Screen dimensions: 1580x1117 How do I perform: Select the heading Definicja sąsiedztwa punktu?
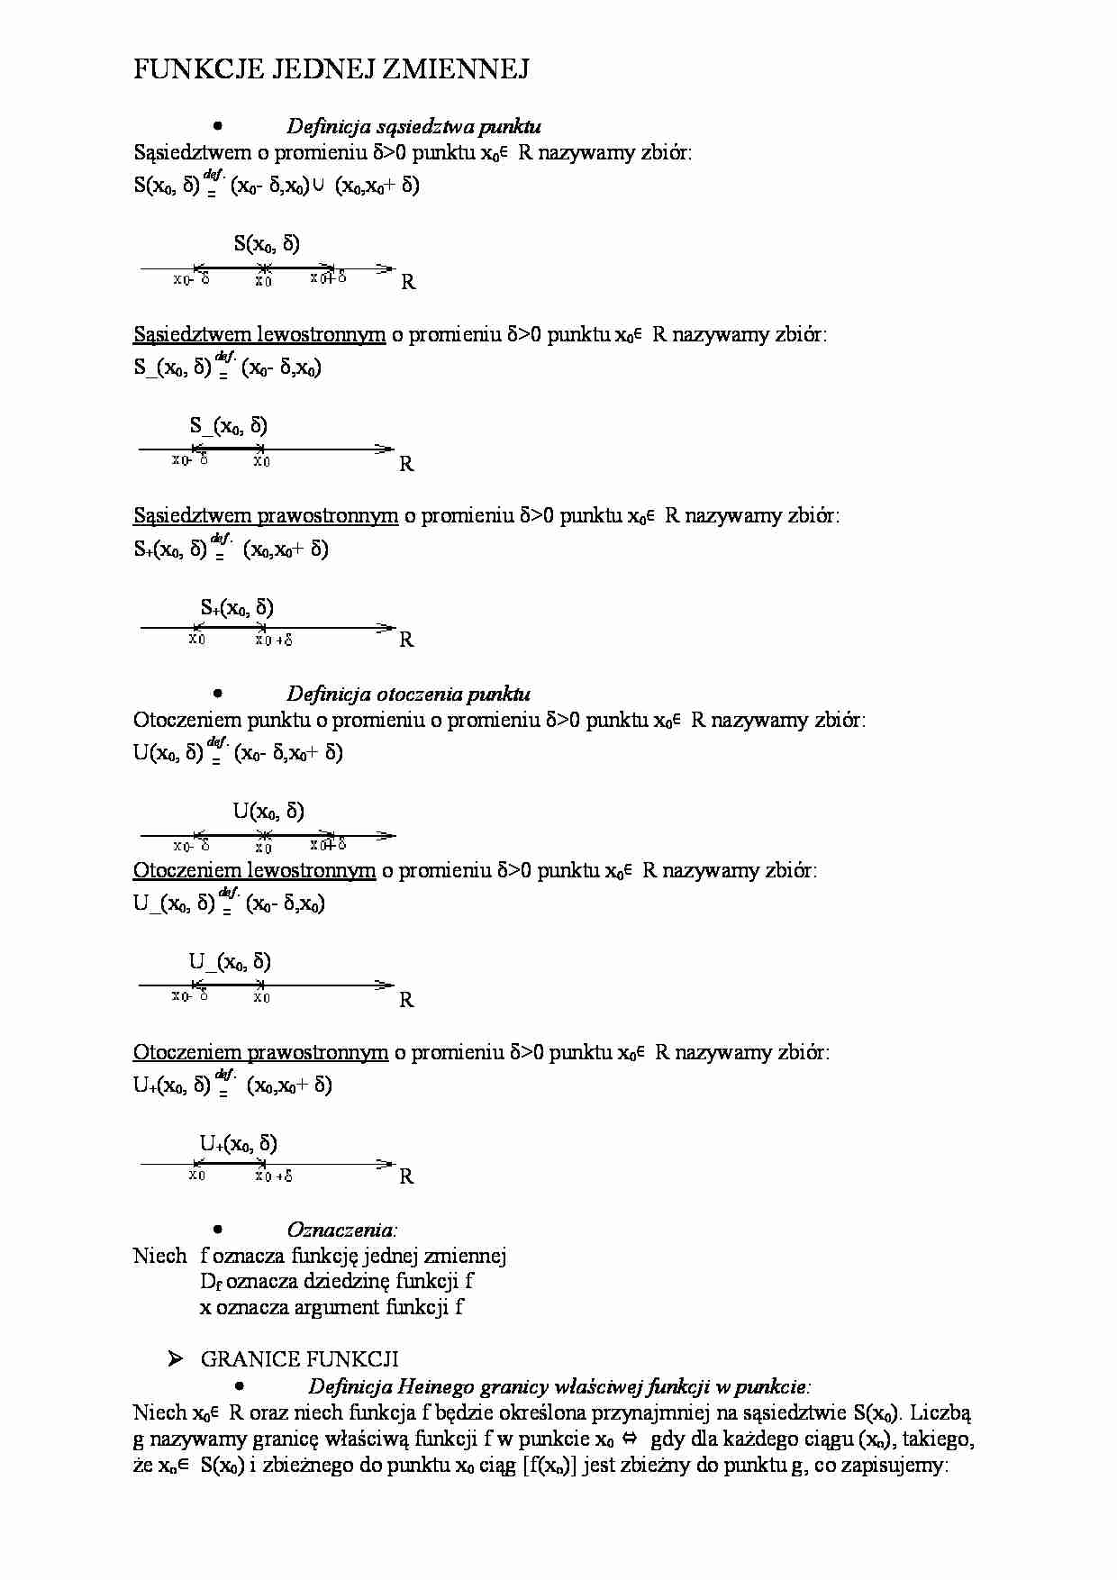pyautogui.click(x=413, y=126)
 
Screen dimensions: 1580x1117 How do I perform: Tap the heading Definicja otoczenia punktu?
pyautogui.click(x=408, y=694)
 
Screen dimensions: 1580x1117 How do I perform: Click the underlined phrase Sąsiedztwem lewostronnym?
pyautogui.click(x=259, y=335)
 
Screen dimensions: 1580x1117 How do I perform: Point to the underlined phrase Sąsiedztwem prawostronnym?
pyautogui.click(x=266, y=516)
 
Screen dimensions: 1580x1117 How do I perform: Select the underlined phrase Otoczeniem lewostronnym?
pyautogui.click(x=254, y=871)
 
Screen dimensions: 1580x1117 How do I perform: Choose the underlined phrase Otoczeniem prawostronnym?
pyautogui.click(x=260, y=1052)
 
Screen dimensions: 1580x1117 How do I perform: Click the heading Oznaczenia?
pyautogui.click(x=341, y=1230)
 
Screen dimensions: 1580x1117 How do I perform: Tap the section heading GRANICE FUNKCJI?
pyautogui.click(x=299, y=1359)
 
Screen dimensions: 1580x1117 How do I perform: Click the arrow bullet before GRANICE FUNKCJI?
pyautogui.click(x=177, y=1359)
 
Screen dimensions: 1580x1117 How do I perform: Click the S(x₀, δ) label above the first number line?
pyautogui.click(x=267, y=243)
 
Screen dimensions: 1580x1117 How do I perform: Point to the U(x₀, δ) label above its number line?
pyautogui.click(x=268, y=811)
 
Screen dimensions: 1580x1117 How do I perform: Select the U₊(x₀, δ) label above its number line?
pyautogui.click(x=238, y=1144)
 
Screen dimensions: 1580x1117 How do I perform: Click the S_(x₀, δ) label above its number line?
pyautogui.click(x=228, y=426)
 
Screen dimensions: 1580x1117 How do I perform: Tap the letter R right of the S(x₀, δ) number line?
pyautogui.click(x=408, y=282)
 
